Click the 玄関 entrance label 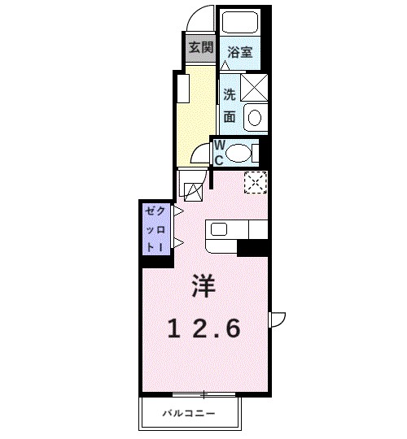[x=200, y=47]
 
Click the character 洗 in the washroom [x=230, y=93]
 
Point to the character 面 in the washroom [x=230, y=116]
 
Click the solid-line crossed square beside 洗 [x=254, y=85]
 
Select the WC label [x=218, y=152]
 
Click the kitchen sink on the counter [x=220, y=228]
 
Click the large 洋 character [x=203, y=285]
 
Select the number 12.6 [x=204, y=329]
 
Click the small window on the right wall [x=275, y=319]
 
